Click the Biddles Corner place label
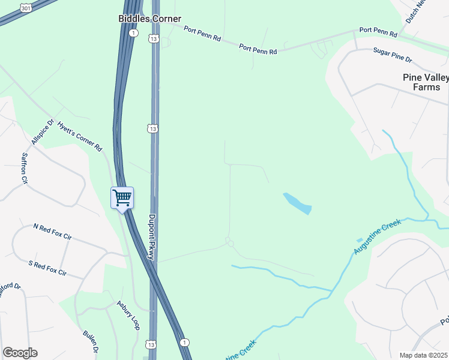pyautogui.click(x=149, y=19)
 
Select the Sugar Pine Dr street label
pyautogui.click(x=393, y=56)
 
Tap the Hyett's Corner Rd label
pyautogui.click(x=80, y=136)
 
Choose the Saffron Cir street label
pyautogui.click(x=25, y=167)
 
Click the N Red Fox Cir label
pyautogui.click(x=52, y=232)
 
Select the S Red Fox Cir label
pyautogui.click(x=47, y=268)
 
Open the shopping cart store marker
pyautogui.click(x=122, y=197)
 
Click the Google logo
pyautogui.click(x=20, y=353)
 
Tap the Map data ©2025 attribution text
pyautogui.click(x=424, y=355)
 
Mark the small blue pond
pyautogui.click(x=297, y=203)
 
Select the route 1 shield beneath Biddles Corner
pyautogui.click(x=134, y=33)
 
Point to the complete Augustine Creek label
pyautogui.click(x=377, y=237)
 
